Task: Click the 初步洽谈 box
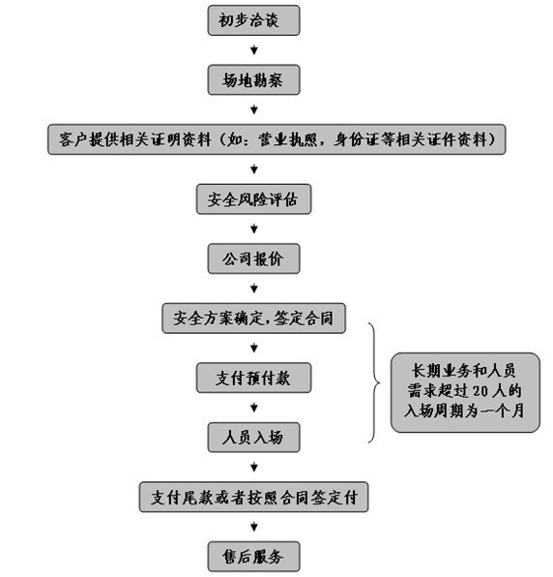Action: (253, 20)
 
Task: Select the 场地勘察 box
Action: (253, 79)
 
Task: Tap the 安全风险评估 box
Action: (253, 199)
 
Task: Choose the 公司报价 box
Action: (253, 258)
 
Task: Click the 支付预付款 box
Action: (253, 378)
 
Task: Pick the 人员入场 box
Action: (253, 438)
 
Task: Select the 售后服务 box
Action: (253, 557)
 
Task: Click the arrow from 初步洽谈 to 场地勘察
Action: (254, 50)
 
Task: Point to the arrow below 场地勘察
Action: (254, 109)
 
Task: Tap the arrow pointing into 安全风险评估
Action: (254, 169)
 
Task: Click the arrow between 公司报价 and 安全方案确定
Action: (254, 288)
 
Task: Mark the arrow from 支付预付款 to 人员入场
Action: (254, 408)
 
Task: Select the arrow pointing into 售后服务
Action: (254, 527)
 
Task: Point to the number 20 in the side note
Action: (480, 391)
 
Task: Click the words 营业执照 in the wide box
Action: (288, 139)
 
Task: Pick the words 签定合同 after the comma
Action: (304, 319)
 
